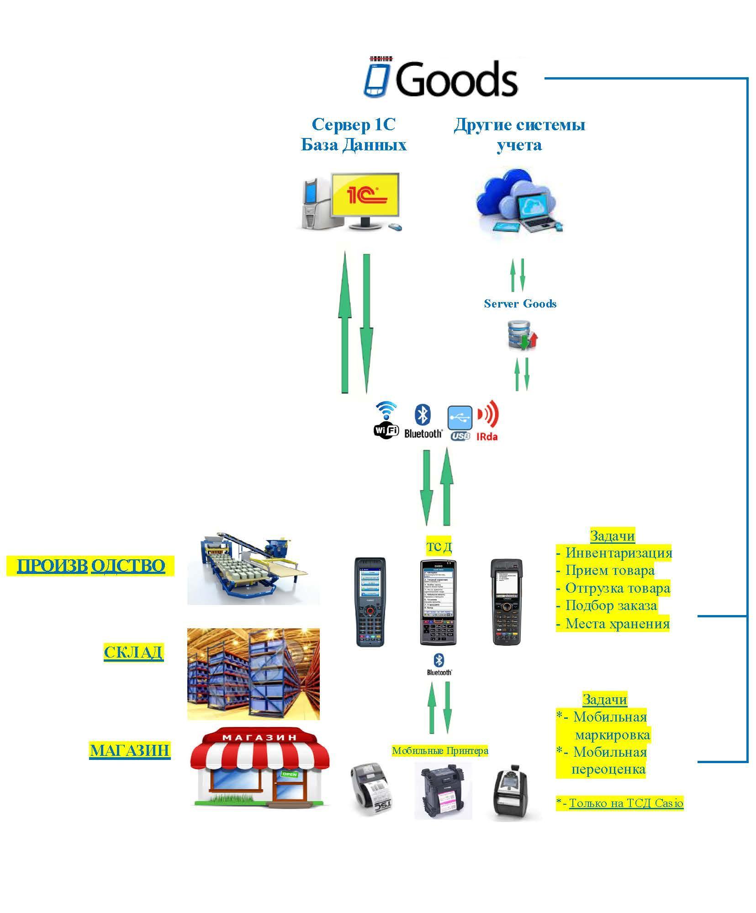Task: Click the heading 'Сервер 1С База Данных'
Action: (x=354, y=134)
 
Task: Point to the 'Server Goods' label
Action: (x=520, y=304)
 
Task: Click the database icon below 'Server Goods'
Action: (x=523, y=336)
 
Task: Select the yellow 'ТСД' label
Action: (x=439, y=546)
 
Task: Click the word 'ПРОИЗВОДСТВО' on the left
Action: (x=90, y=566)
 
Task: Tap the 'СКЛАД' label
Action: (x=133, y=652)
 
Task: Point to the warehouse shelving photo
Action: (x=253, y=674)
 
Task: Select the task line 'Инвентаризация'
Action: (x=618, y=552)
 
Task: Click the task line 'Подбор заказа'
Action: (x=611, y=605)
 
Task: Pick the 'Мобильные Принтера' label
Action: (x=440, y=750)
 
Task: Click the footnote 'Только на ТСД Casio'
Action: (x=625, y=803)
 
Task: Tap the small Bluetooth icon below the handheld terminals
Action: (x=439, y=664)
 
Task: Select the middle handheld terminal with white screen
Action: (x=438, y=602)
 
